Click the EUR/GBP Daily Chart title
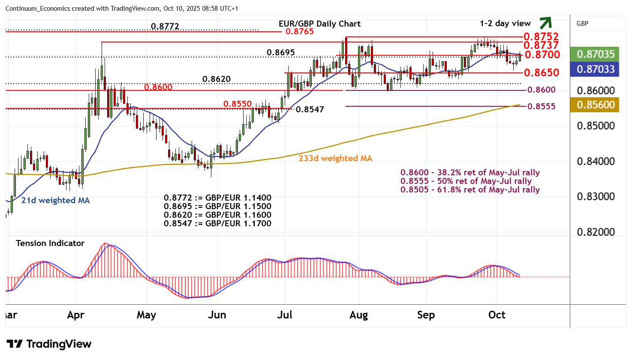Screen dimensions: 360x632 coord(319,24)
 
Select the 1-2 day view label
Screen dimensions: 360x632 coord(505,24)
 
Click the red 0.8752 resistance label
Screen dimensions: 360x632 coord(541,36)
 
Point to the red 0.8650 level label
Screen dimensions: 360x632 coord(542,72)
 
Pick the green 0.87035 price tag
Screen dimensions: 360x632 coord(595,54)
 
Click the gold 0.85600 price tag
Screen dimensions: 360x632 coord(595,105)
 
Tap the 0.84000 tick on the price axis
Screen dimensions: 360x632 coord(596,162)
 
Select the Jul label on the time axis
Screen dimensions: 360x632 coord(285,315)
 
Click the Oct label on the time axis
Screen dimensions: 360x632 coord(497,315)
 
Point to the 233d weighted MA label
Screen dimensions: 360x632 coord(335,159)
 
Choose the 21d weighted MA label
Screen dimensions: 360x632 coord(55,200)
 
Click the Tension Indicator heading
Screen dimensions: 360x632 coord(50,243)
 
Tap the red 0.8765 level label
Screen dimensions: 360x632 coord(299,31)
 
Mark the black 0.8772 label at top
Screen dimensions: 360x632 coord(165,27)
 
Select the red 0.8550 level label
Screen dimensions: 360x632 coord(237,104)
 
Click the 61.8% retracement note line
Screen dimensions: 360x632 coord(470,190)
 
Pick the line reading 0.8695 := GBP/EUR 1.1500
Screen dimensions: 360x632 coord(217,207)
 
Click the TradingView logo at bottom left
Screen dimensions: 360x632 coord(49,344)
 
